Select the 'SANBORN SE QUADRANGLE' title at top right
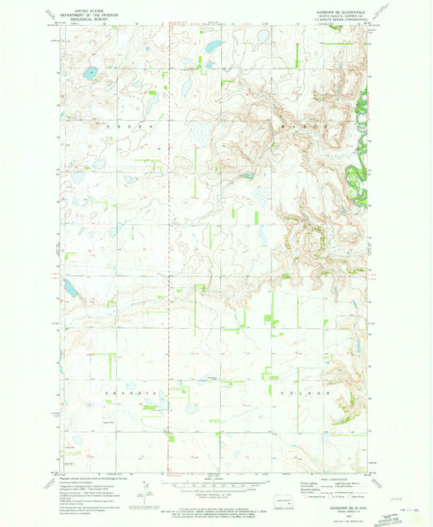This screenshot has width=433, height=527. [x=339, y=9]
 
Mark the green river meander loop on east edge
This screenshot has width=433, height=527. [x=356, y=166]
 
